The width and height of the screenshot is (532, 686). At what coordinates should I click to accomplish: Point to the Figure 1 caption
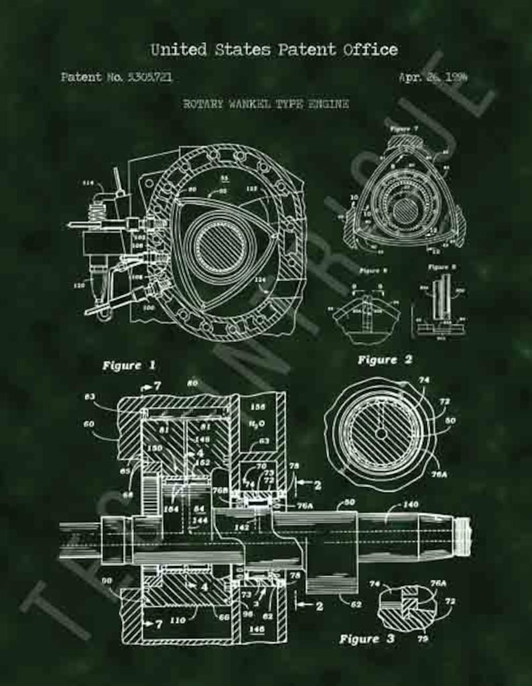pos(129,365)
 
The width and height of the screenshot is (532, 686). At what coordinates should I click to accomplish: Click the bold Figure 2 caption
pos(385,359)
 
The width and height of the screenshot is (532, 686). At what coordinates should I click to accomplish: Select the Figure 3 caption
pos(367,639)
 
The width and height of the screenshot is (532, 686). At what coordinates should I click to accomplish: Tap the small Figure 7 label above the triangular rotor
pos(403,127)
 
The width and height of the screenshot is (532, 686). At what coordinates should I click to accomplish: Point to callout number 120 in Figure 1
pos(79,285)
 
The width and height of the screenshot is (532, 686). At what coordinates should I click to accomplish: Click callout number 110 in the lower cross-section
pos(178,620)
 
